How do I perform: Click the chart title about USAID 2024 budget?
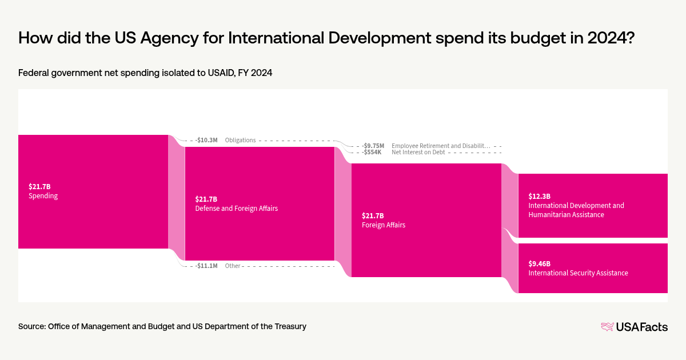[325, 38]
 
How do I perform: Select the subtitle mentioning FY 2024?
[145, 73]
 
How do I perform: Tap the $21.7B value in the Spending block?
[39, 186]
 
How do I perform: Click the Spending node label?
[43, 196]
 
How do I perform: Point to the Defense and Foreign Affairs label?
[236, 209]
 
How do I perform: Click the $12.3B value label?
[539, 196]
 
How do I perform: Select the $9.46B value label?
[539, 263]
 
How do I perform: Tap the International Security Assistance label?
[578, 273]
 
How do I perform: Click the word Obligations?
[240, 140]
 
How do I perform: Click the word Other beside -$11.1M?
[233, 266]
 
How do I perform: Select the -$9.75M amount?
[373, 146]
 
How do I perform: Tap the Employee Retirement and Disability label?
[441, 146]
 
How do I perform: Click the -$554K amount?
[372, 153]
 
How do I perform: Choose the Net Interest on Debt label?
[418, 153]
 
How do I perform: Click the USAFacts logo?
[634, 327]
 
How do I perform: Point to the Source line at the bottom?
[162, 326]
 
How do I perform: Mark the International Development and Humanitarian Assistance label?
[576, 210]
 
